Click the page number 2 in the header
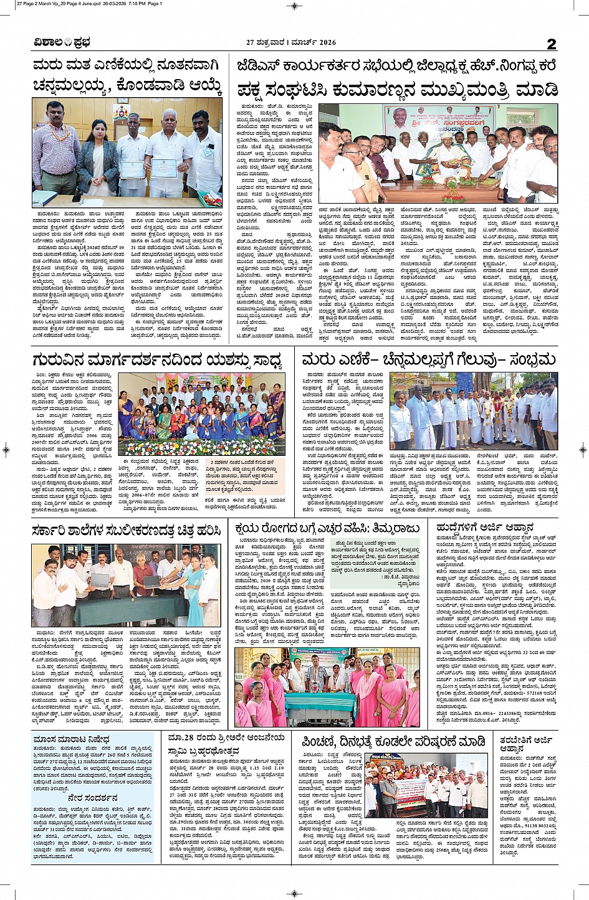click(x=551, y=44)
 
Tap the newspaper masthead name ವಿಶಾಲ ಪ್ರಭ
click(x=62, y=43)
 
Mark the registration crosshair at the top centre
click(x=294, y=6)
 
